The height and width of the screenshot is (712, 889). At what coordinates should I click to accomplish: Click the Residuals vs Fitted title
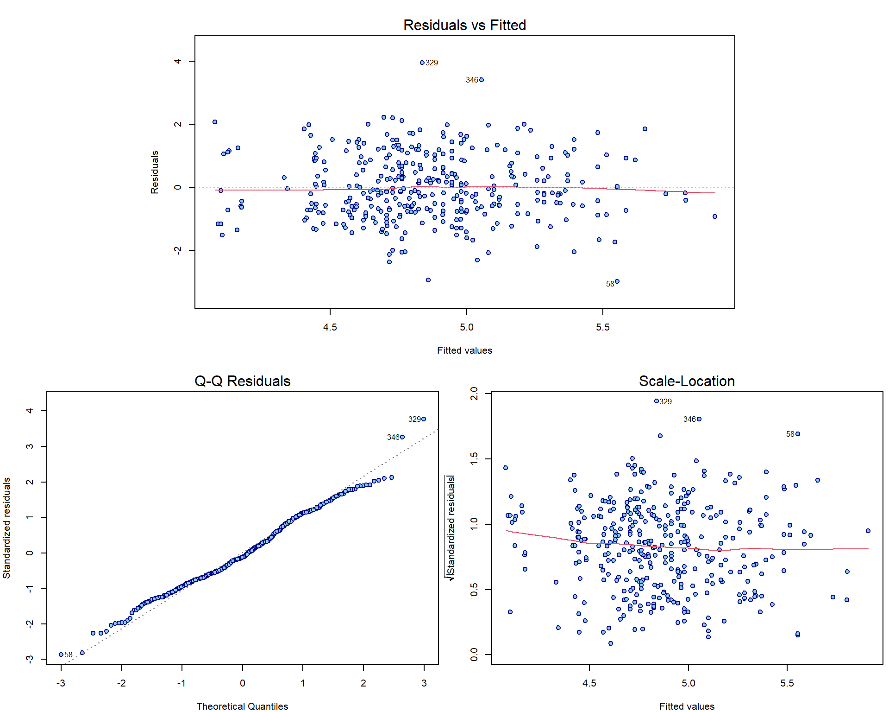(x=464, y=25)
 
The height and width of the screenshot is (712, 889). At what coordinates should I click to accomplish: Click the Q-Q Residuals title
(x=242, y=381)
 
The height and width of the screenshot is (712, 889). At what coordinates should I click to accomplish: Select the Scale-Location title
(x=687, y=381)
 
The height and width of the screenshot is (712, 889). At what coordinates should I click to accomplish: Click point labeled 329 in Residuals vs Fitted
(x=422, y=63)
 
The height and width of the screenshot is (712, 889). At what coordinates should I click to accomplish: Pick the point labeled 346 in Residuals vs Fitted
(x=482, y=80)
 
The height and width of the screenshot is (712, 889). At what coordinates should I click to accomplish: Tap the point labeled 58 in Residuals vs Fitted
(x=617, y=281)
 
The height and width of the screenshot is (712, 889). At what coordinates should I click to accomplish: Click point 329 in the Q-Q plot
(x=424, y=419)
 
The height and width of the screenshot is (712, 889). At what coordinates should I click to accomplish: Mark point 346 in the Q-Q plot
(x=402, y=437)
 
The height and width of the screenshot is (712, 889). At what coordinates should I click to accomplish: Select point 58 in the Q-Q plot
(x=61, y=655)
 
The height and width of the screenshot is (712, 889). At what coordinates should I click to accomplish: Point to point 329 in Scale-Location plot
(x=657, y=401)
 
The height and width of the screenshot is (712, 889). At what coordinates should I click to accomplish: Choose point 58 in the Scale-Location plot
(x=798, y=434)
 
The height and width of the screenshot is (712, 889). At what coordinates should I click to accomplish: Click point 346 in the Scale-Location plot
(x=699, y=419)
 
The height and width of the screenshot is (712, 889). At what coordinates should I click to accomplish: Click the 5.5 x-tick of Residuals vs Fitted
(x=603, y=327)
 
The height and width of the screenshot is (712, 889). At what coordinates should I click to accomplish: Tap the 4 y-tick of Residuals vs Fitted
(x=178, y=61)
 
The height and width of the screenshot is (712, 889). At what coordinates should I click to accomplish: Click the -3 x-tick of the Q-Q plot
(x=61, y=683)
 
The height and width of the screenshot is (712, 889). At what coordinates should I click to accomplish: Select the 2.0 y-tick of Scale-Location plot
(x=474, y=394)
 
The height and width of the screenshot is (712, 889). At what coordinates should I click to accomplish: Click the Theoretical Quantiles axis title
(x=242, y=706)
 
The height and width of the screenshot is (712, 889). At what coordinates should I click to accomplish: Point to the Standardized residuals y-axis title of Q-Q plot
(x=6, y=528)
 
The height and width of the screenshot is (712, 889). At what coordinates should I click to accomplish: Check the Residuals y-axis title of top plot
(x=155, y=172)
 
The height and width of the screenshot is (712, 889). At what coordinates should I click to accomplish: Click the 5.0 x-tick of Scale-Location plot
(x=688, y=683)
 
